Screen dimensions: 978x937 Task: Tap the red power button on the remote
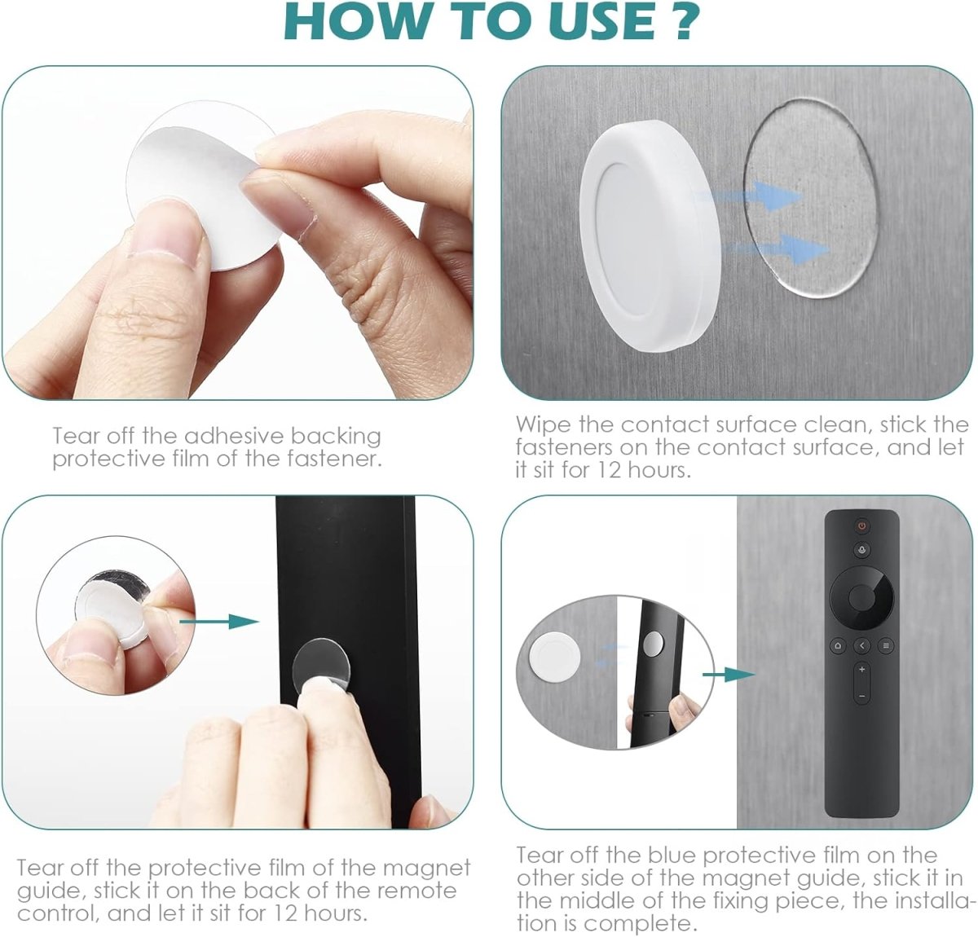[x=862, y=526]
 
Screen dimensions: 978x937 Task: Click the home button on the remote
[x=837, y=645]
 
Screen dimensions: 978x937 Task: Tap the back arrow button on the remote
[x=862, y=645]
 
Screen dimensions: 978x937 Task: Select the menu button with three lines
[x=886, y=645]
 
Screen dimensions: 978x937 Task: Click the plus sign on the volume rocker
[x=862, y=669]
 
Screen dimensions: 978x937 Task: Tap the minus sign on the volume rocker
[x=862, y=696]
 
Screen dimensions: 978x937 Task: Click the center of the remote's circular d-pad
[x=862, y=598]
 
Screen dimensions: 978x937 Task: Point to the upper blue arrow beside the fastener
[x=749, y=196]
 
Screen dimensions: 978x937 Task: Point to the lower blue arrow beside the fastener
[x=777, y=249]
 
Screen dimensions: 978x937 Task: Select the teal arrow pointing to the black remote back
[x=219, y=622]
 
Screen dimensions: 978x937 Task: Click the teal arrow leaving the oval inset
[x=729, y=675]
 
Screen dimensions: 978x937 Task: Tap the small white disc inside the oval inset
[x=554, y=658]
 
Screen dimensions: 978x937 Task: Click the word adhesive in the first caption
[x=234, y=436]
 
